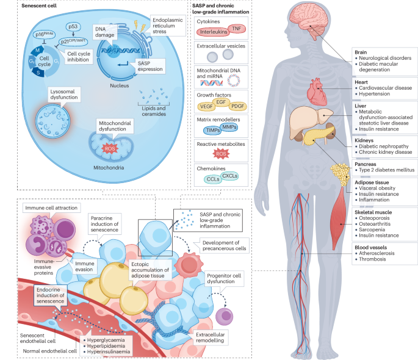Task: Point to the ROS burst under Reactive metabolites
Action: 222,155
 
